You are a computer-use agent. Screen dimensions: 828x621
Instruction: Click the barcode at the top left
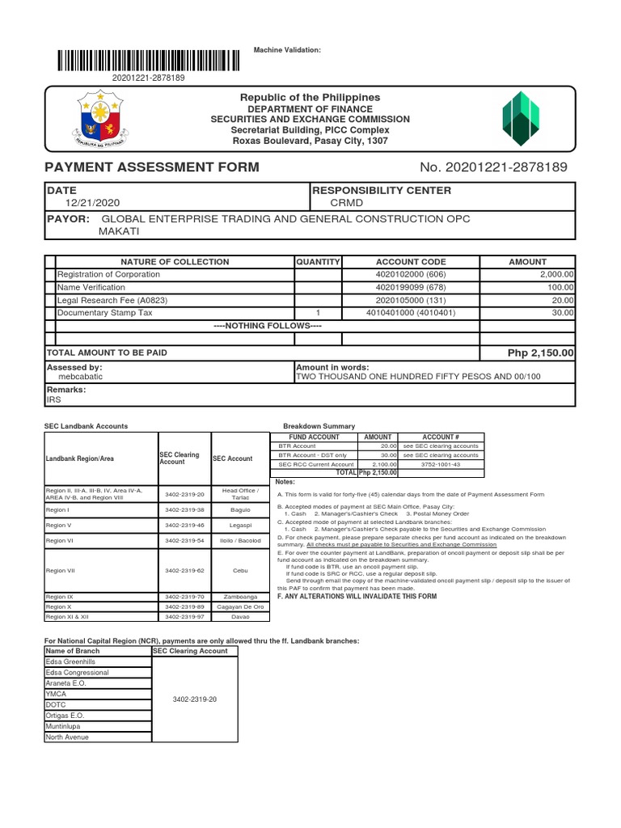point(148,61)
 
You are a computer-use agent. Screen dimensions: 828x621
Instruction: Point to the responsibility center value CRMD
point(338,204)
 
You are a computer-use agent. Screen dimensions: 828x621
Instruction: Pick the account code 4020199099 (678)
point(411,287)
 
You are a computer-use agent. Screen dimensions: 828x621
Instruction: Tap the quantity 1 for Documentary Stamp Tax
point(318,312)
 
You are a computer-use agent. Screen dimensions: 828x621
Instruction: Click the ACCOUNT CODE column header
point(411,262)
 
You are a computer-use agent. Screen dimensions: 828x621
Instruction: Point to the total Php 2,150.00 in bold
point(540,353)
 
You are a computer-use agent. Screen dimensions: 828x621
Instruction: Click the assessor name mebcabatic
point(80,377)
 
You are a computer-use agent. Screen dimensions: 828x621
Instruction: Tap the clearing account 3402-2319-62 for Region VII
point(185,571)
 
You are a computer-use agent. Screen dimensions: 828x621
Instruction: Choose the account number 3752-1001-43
point(441,465)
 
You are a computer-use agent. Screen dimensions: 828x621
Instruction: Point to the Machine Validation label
point(287,50)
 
